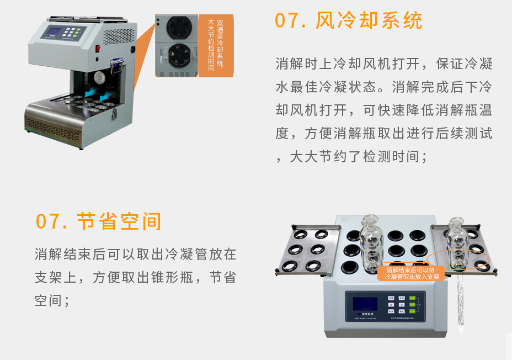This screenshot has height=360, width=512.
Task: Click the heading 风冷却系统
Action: [369, 21]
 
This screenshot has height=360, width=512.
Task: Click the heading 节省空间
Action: [119, 221]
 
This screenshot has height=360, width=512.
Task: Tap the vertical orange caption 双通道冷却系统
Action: [216, 44]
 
